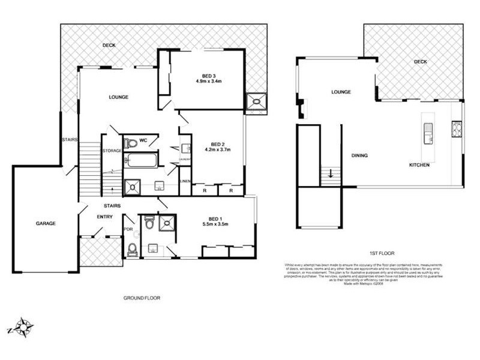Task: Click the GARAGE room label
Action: pos(45,223)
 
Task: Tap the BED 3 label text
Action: pos(209,76)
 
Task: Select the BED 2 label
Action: pos(217,144)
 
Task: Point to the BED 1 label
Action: pos(215,218)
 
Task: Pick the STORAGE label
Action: pos(112,151)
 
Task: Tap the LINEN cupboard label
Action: pos(185,181)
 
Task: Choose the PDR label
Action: pos(128,229)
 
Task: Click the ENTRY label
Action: pos(104,217)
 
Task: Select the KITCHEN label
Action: pos(419,165)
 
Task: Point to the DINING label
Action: pos(359,155)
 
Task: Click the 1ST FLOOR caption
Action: pos(382,253)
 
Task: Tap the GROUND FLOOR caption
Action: pos(142,298)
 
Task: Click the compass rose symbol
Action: pos(25,327)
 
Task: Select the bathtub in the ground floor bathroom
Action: pos(140,161)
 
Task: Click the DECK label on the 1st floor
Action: pos(420,62)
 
